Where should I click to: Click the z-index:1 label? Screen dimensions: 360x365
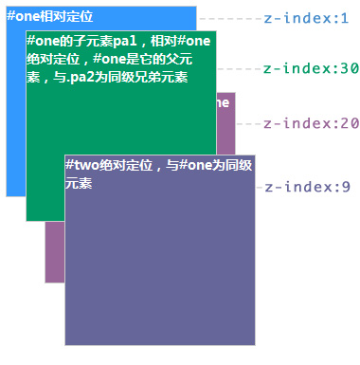click(x=305, y=18)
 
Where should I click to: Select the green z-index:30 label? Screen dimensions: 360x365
click(x=310, y=68)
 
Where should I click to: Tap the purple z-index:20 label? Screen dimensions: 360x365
click(x=310, y=124)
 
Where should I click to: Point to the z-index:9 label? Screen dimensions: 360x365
click(x=306, y=188)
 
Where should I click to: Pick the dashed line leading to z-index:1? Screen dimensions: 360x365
click(x=227, y=18)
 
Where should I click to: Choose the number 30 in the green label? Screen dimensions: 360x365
click(x=349, y=68)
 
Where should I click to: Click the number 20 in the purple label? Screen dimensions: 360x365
click(x=349, y=124)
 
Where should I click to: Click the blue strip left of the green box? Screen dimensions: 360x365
click(x=15, y=114)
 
